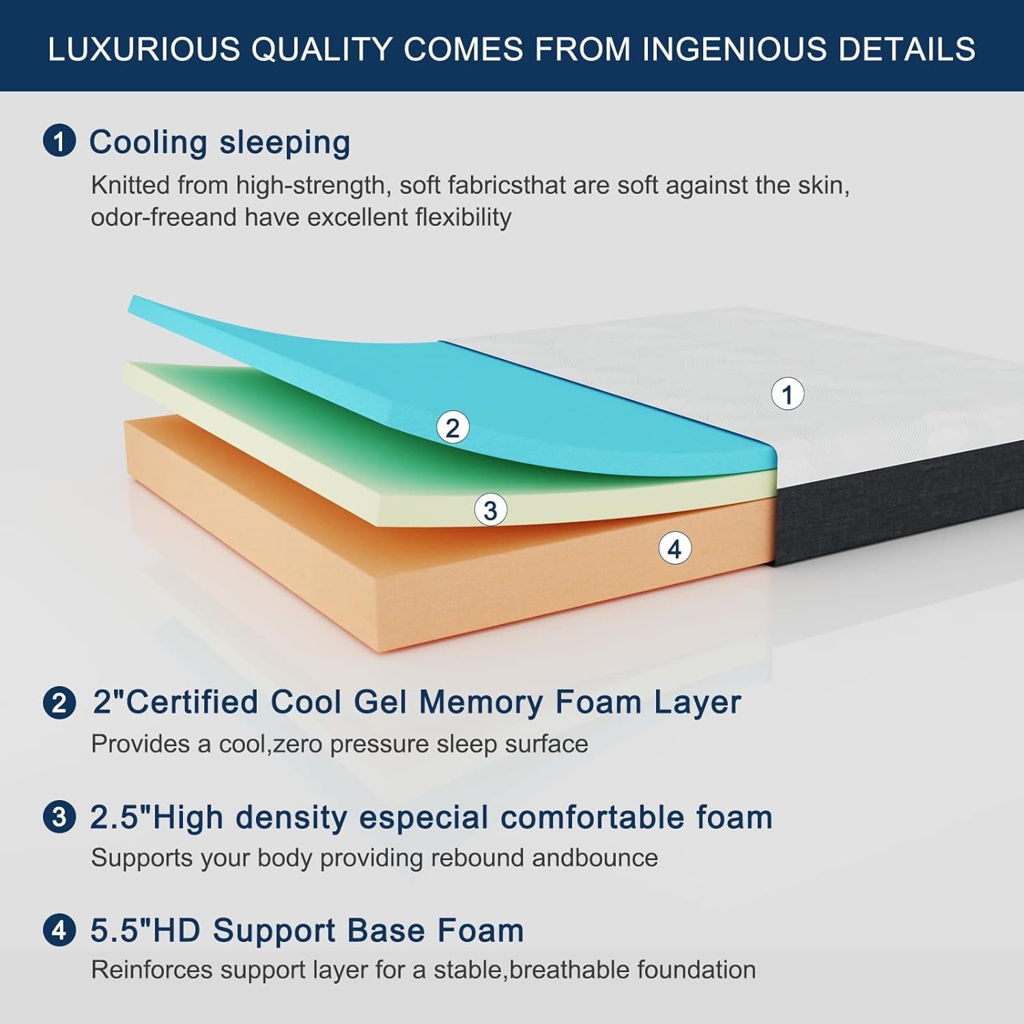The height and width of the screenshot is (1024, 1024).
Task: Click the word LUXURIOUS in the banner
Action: pos(144,49)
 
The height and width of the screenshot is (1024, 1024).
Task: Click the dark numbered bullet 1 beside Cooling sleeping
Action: pos(59,141)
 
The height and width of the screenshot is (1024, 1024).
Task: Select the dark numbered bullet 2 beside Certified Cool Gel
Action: pos(59,702)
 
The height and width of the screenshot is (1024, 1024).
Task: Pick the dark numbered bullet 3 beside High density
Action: pos(59,817)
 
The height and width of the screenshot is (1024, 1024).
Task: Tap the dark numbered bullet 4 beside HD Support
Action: pos(59,930)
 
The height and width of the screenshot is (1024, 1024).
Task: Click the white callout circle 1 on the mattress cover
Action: pos(788,395)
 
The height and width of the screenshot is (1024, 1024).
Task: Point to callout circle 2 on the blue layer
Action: pos(453,428)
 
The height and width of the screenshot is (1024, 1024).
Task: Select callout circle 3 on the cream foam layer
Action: pos(490,510)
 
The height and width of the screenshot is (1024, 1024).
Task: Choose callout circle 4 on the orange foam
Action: pos(674,548)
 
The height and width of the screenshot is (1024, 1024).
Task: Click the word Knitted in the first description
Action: pos(130,185)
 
